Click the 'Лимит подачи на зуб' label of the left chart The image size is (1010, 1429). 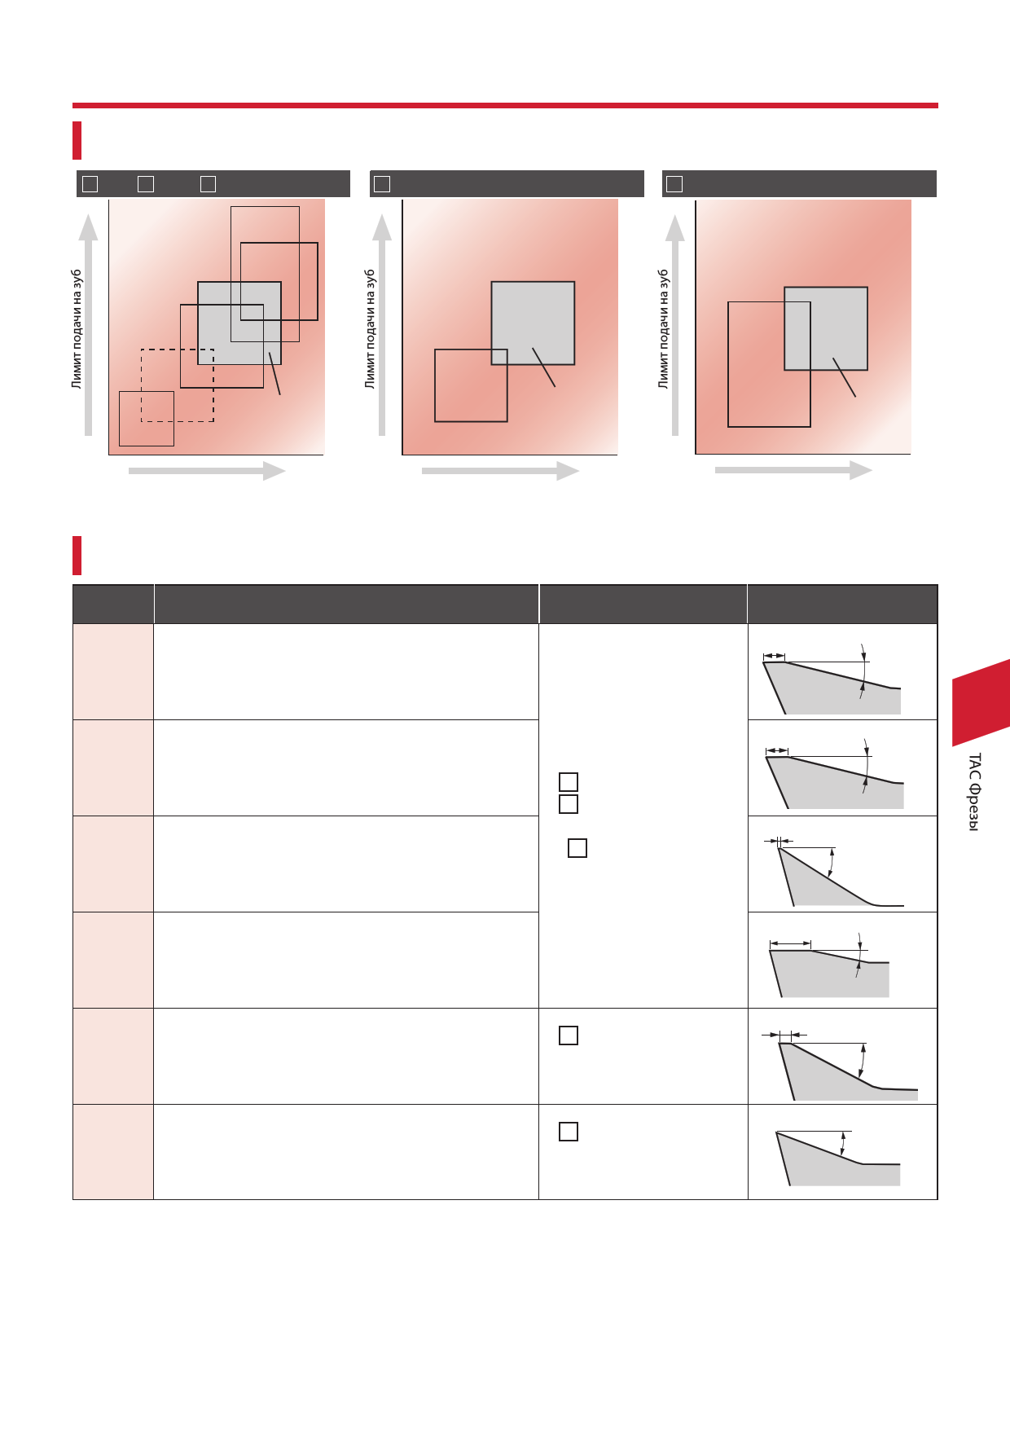(x=77, y=329)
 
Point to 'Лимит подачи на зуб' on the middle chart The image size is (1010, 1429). (x=370, y=329)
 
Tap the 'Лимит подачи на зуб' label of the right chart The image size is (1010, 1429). (x=663, y=329)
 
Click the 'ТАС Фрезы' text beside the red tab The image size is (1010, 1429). (x=974, y=792)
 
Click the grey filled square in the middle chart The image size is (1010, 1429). (x=533, y=323)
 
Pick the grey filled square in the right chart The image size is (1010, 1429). (x=826, y=328)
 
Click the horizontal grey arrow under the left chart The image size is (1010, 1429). (x=207, y=471)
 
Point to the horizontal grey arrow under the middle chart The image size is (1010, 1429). (x=500, y=471)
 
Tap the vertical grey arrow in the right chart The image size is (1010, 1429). (x=675, y=325)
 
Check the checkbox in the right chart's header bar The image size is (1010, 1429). (x=674, y=184)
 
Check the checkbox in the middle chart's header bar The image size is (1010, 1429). (x=382, y=184)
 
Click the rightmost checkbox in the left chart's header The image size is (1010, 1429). (x=209, y=184)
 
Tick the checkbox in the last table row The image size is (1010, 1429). (x=569, y=1132)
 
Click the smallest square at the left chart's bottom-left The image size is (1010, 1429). (x=147, y=419)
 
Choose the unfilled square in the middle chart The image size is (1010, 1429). (x=471, y=385)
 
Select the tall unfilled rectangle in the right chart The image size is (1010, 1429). (x=769, y=364)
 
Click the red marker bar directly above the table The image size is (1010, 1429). (x=77, y=556)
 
